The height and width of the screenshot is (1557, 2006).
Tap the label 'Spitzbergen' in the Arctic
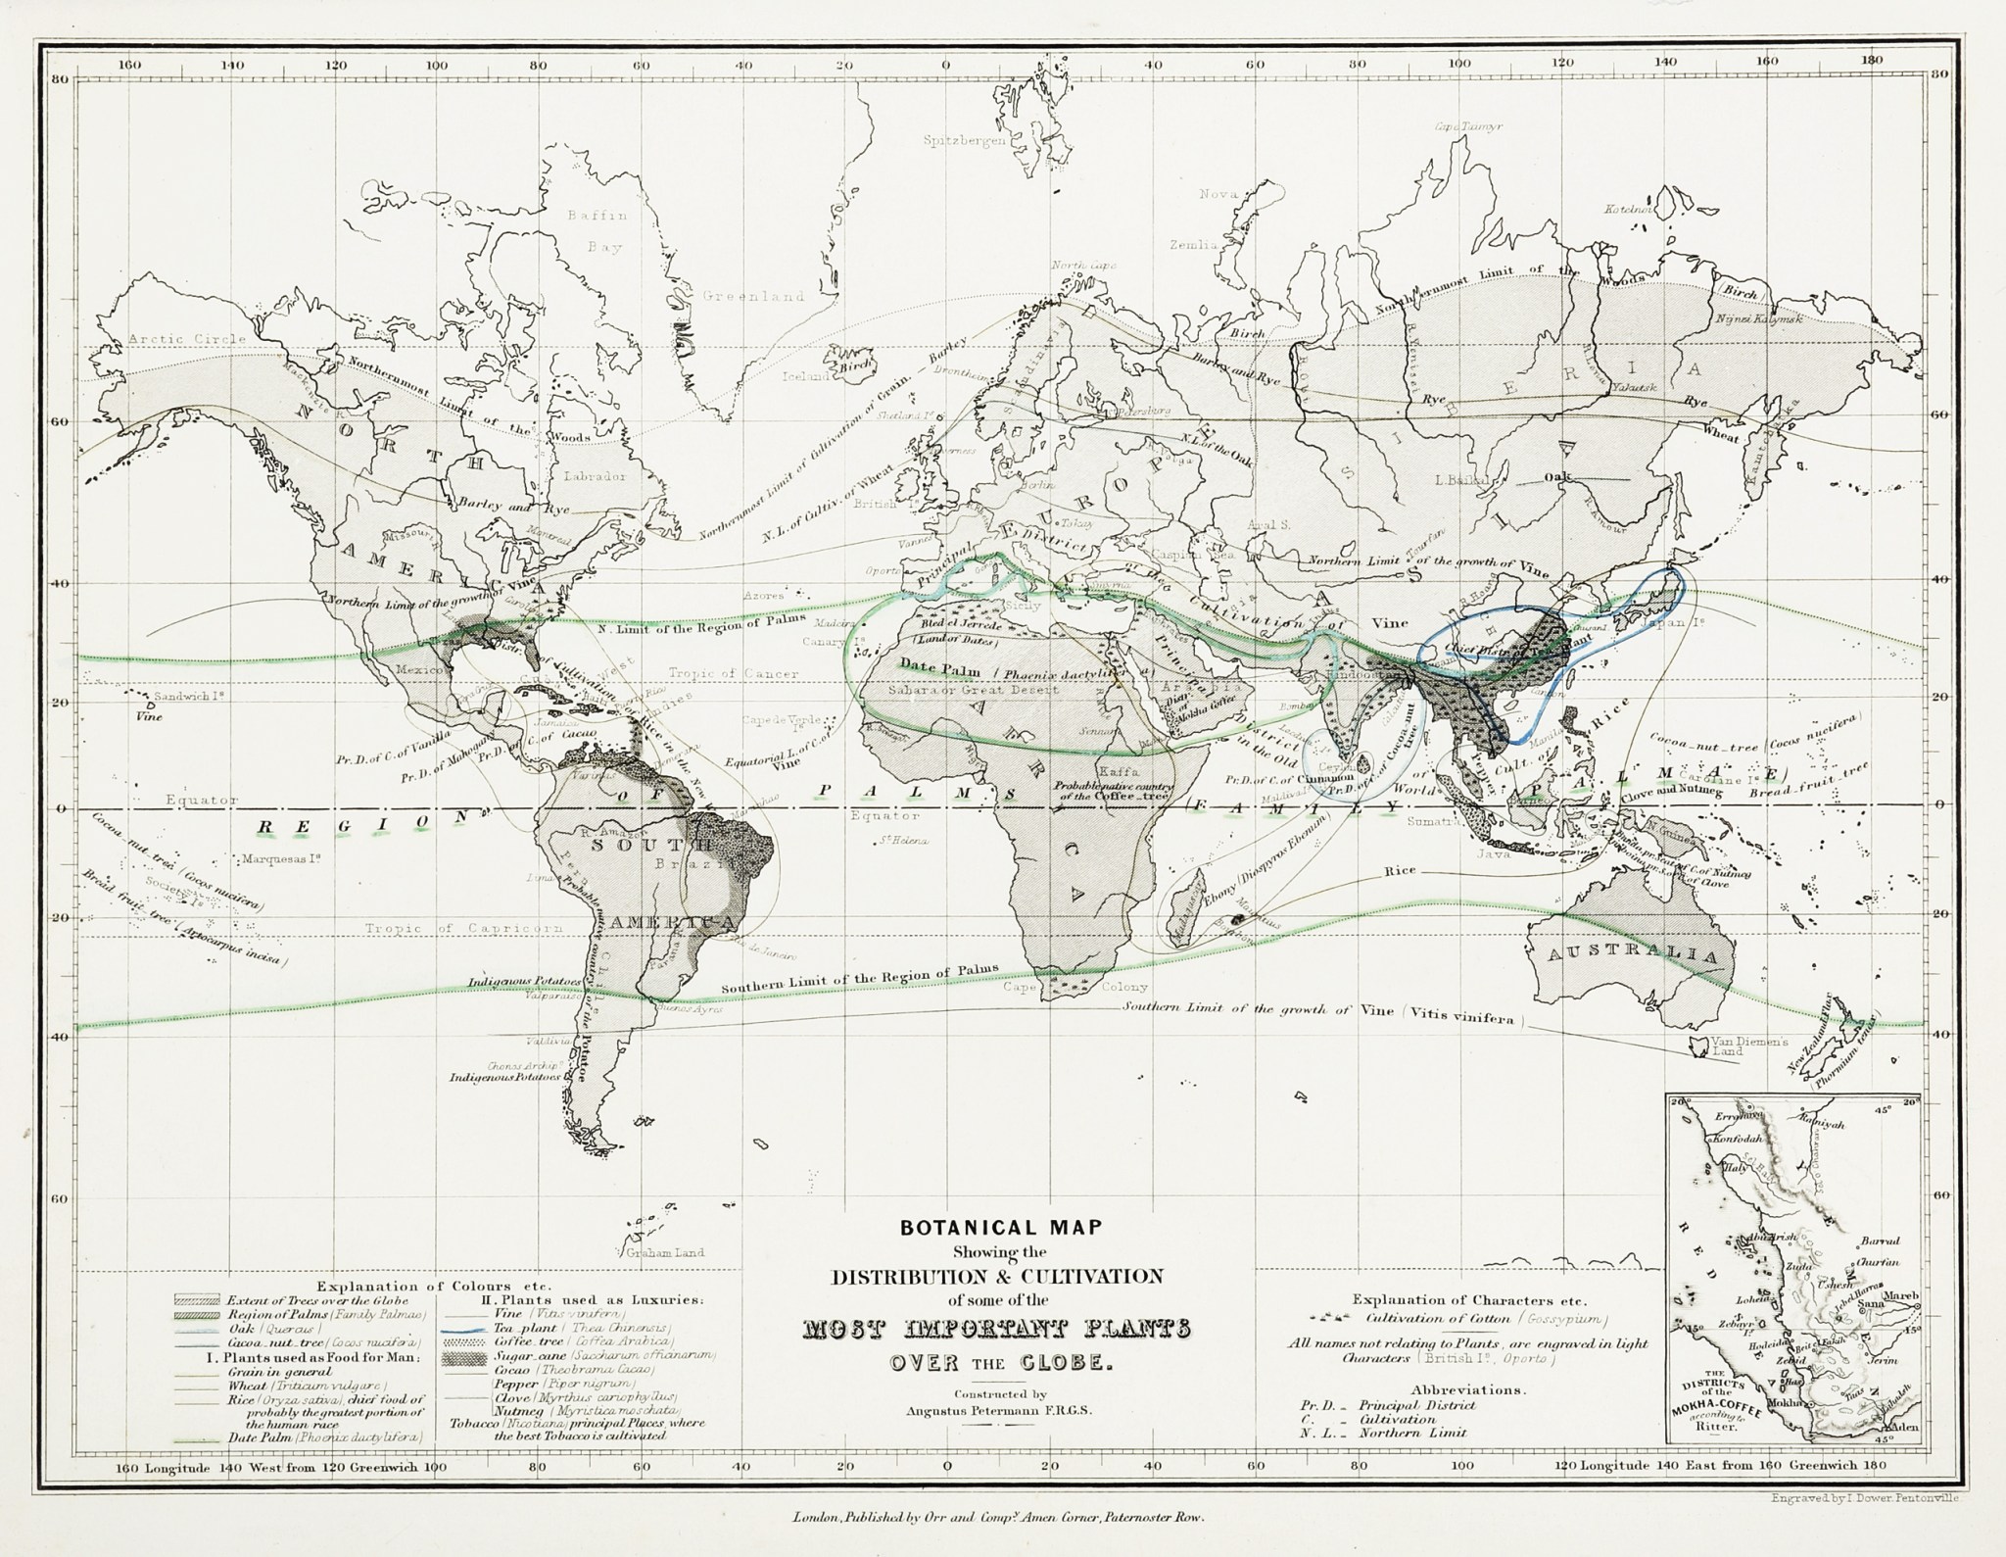coord(964,141)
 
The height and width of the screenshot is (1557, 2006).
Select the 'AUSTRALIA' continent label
coord(1629,953)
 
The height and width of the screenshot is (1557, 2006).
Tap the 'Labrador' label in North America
coord(595,475)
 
